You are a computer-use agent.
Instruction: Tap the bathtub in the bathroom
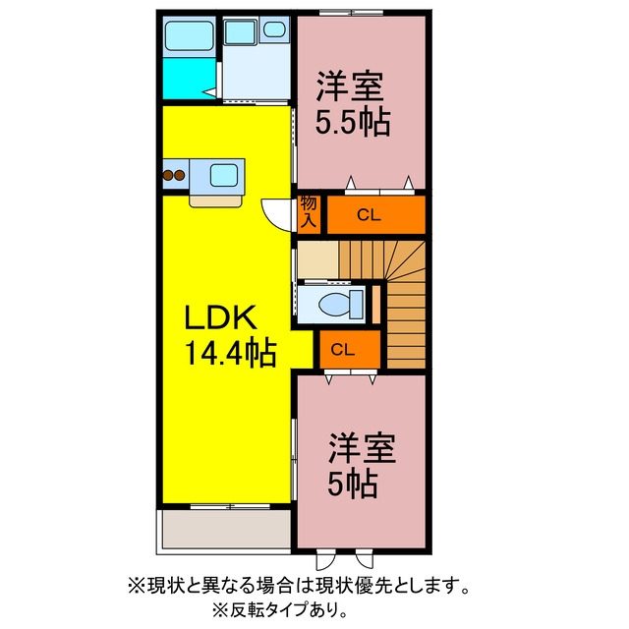pos(190,35)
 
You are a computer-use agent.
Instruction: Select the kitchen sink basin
pos(223,175)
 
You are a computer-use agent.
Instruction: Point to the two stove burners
pos(174,175)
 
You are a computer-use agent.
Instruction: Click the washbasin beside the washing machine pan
pos(274,29)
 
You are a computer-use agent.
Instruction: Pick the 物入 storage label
pos(309,212)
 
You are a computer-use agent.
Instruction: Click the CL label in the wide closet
pos(369,215)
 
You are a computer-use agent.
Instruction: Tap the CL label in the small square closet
pos(343,350)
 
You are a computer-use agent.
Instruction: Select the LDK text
pos(220,317)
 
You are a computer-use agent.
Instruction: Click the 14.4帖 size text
pos(230,354)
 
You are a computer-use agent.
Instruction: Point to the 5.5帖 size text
pos(353,122)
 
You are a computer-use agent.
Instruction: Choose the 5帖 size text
pos(353,484)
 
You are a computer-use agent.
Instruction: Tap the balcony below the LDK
pos(226,529)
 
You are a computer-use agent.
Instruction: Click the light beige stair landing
pos(318,259)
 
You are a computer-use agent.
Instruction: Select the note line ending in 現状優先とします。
pos(299,587)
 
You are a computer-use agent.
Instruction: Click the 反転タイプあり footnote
pos(280,610)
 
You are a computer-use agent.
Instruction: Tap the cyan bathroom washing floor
pos(189,78)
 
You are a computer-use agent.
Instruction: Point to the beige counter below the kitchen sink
pos(216,200)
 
